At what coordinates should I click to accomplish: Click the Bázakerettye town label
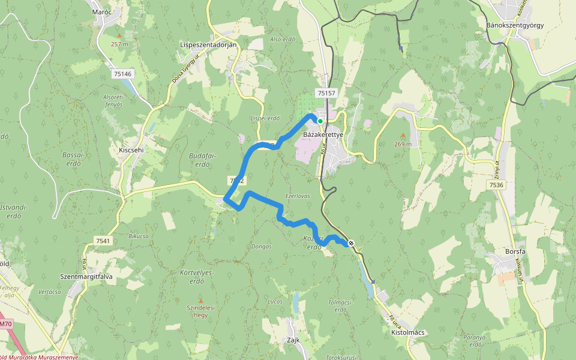coord(323,135)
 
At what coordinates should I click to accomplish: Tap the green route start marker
coord(320,121)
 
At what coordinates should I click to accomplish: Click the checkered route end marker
coord(351,243)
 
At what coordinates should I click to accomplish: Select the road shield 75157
coord(326,93)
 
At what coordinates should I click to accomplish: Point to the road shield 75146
coord(122,73)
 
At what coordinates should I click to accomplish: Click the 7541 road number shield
coord(103,241)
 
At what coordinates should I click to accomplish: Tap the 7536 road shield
coord(496,185)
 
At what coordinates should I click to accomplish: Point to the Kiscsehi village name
coord(131,150)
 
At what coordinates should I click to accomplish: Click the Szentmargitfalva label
coord(86,277)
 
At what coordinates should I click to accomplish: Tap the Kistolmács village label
coord(407,332)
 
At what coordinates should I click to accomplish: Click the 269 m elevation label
coord(403,144)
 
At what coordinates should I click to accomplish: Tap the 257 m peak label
coord(119,44)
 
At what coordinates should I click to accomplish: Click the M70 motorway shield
coord(5,324)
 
